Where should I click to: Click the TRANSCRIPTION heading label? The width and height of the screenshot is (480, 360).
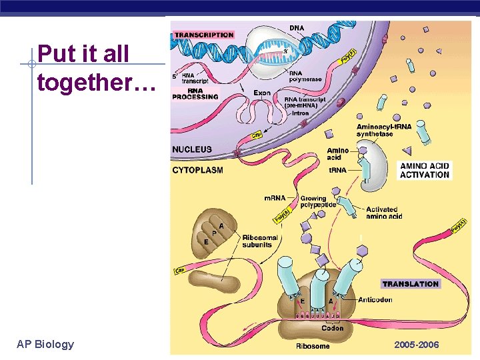(203, 35)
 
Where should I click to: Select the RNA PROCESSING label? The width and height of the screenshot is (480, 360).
(195, 93)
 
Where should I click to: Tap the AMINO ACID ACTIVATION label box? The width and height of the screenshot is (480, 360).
(425, 170)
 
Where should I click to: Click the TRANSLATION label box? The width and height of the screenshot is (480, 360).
(411, 284)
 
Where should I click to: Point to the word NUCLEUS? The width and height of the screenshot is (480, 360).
(192, 149)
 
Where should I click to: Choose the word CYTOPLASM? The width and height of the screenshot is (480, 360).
(197, 170)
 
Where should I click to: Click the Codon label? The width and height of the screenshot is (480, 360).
(332, 328)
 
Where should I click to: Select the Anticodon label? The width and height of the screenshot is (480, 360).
(375, 300)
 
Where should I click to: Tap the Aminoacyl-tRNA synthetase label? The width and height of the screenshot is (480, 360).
(384, 130)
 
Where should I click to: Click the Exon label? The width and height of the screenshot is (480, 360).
(262, 93)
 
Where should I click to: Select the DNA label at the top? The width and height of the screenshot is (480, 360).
(297, 27)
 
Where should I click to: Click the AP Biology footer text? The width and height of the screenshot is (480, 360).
(45, 344)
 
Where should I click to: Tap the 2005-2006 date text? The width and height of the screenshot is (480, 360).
(417, 345)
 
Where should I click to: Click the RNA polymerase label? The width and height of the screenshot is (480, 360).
(306, 77)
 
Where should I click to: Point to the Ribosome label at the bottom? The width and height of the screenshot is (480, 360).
(313, 346)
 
